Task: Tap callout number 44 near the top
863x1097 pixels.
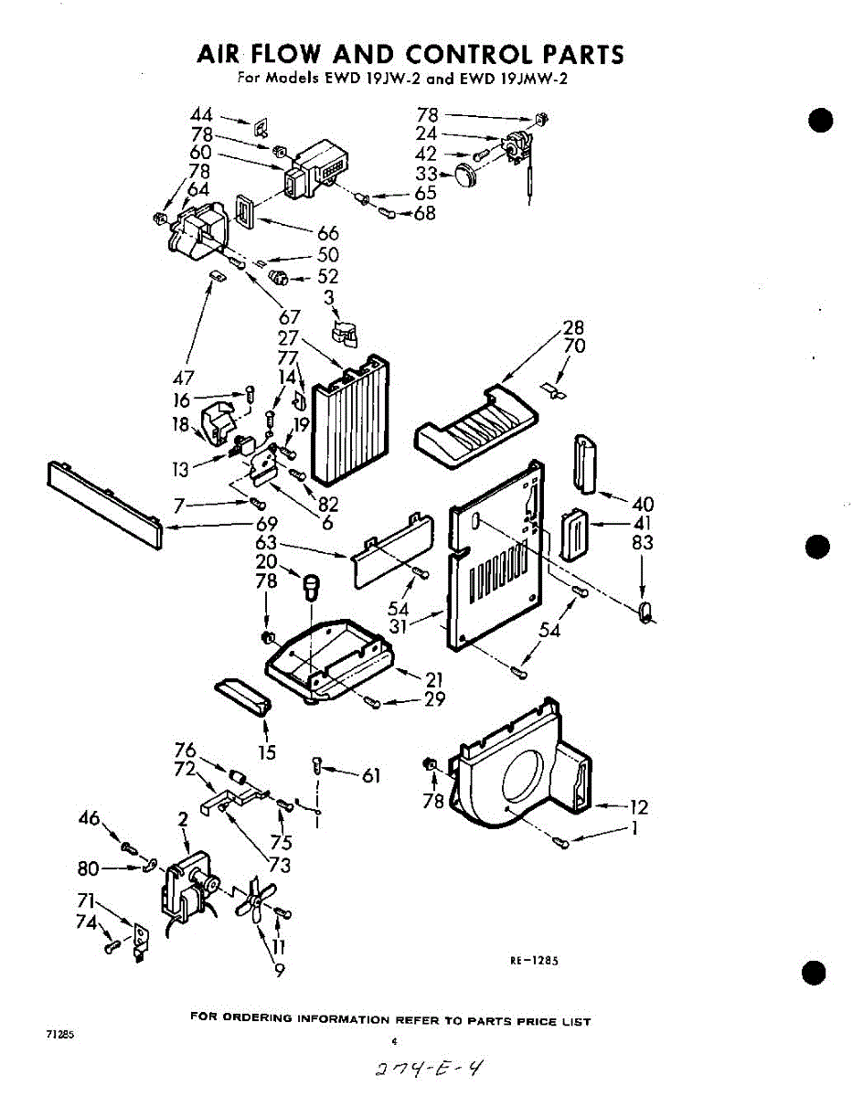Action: click(201, 116)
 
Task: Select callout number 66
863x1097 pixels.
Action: click(327, 234)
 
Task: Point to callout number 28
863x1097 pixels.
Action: click(573, 327)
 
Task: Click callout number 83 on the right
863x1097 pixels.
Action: click(642, 542)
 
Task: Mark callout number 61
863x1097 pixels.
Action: click(370, 776)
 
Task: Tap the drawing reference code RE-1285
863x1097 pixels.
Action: click(533, 960)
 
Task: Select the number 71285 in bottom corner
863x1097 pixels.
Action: click(59, 1034)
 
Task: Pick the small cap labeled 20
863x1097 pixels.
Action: click(313, 583)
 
